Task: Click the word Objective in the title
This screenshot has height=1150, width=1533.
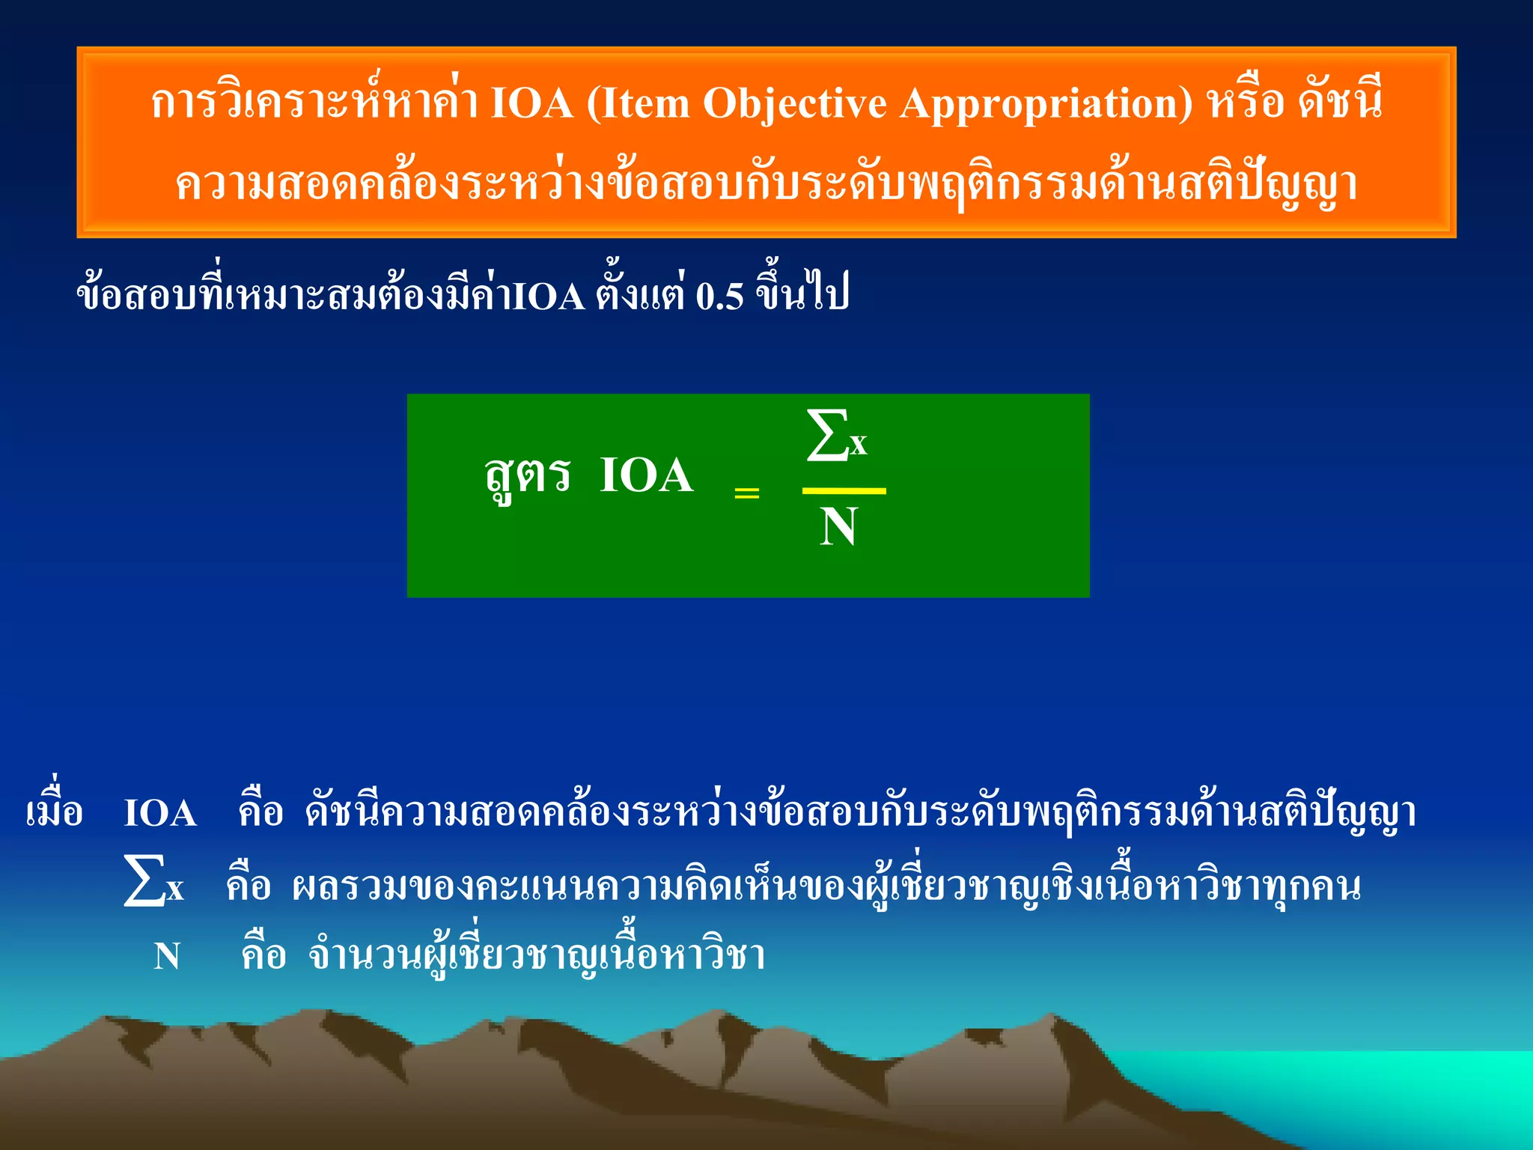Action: [x=794, y=103]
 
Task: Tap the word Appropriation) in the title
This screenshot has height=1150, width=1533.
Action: [x=1046, y=103]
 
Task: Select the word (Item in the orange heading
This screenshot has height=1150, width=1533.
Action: [x=638, y=103]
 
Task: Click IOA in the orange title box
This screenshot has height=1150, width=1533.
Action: [x=531, y=103]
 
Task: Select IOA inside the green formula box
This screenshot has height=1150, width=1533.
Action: [x=647, y=475]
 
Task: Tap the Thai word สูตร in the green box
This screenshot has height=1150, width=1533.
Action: [x=528, y=476]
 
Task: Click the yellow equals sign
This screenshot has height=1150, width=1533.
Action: [x=746, y=493]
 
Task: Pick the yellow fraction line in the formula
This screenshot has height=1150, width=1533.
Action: [x=844, y=491]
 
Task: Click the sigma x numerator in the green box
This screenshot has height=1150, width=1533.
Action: [x=837, y=436]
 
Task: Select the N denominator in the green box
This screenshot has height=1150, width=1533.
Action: [x=838, y=527]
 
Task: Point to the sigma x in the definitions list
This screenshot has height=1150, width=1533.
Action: [x=153, y=883]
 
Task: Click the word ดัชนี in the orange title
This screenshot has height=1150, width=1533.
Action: [x=1341, y=103]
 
